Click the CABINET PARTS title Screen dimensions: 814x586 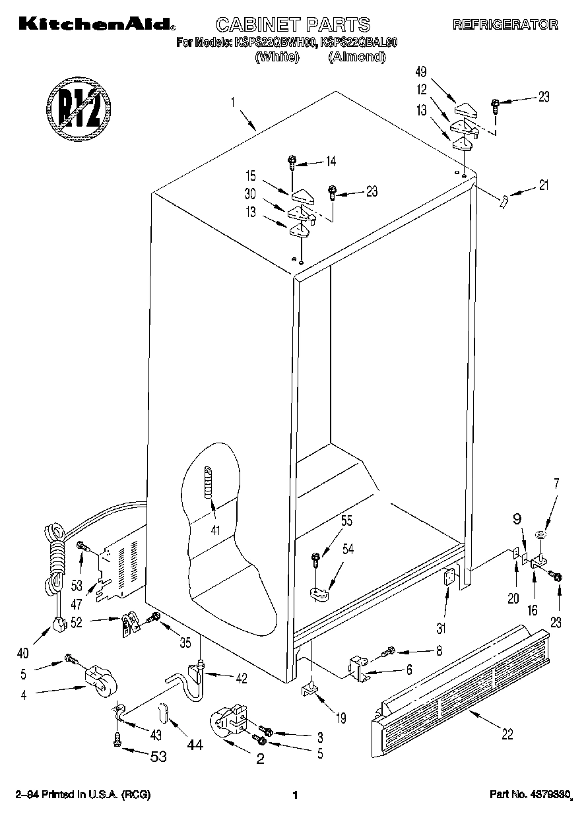(293, 25)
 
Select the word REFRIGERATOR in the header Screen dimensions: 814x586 (504, 25)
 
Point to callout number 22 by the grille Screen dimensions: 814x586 (507, 734)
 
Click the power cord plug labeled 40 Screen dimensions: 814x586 (60, 623)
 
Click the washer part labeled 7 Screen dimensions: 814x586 (540, 535)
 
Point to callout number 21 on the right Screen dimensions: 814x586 (543, 185)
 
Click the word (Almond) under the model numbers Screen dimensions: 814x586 (356, 57)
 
